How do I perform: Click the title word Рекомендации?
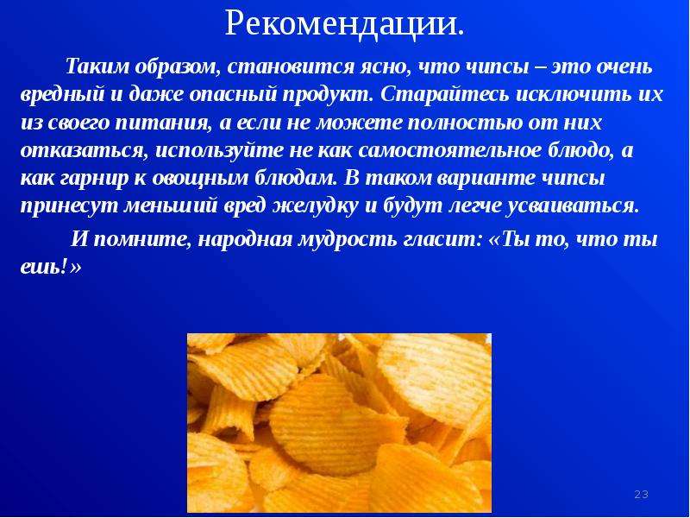tap(344, 24)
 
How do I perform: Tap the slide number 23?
tap(641, 494)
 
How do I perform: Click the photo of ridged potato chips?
tap(339, 423)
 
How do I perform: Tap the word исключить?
tap(573, 95)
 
